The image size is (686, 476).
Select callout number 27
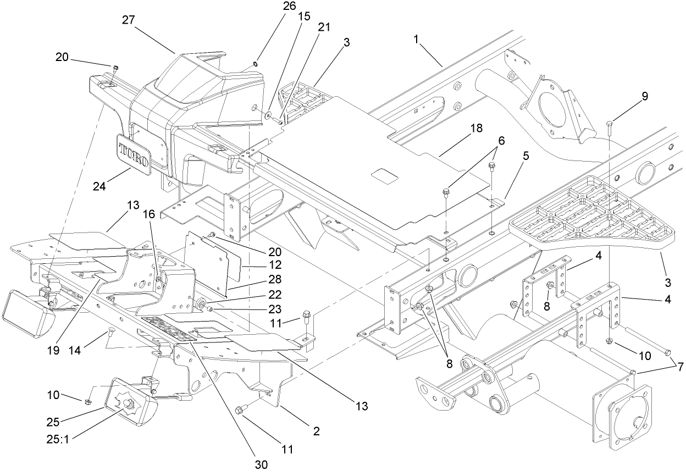(129, 20)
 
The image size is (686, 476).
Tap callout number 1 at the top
(417, 40)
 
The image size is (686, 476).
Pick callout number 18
(476, 128)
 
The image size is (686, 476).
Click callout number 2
(316, 431)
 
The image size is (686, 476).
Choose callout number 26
(289, 6)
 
